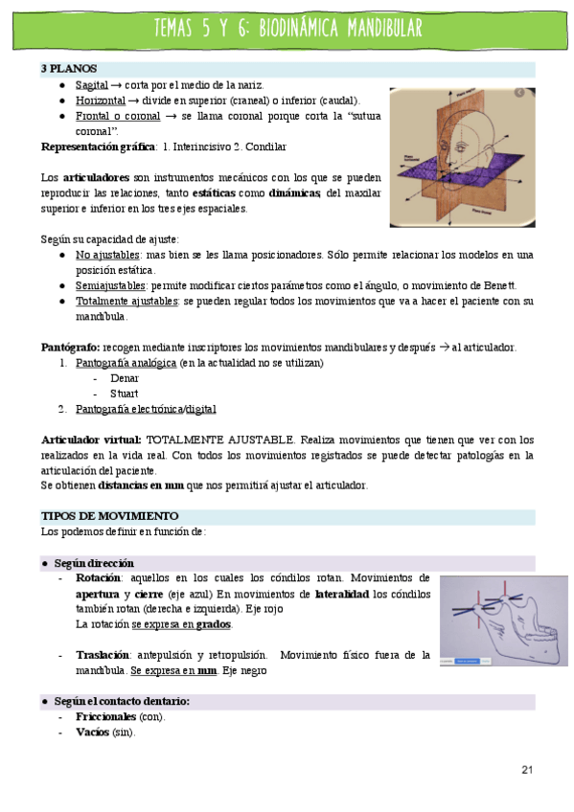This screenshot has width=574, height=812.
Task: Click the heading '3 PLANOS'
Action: click(65, 69)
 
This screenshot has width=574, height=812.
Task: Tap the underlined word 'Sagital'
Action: click(91, 85)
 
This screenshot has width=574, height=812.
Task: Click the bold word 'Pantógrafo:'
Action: click(70, 347)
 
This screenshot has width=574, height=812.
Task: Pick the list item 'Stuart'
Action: click(124, 394)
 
